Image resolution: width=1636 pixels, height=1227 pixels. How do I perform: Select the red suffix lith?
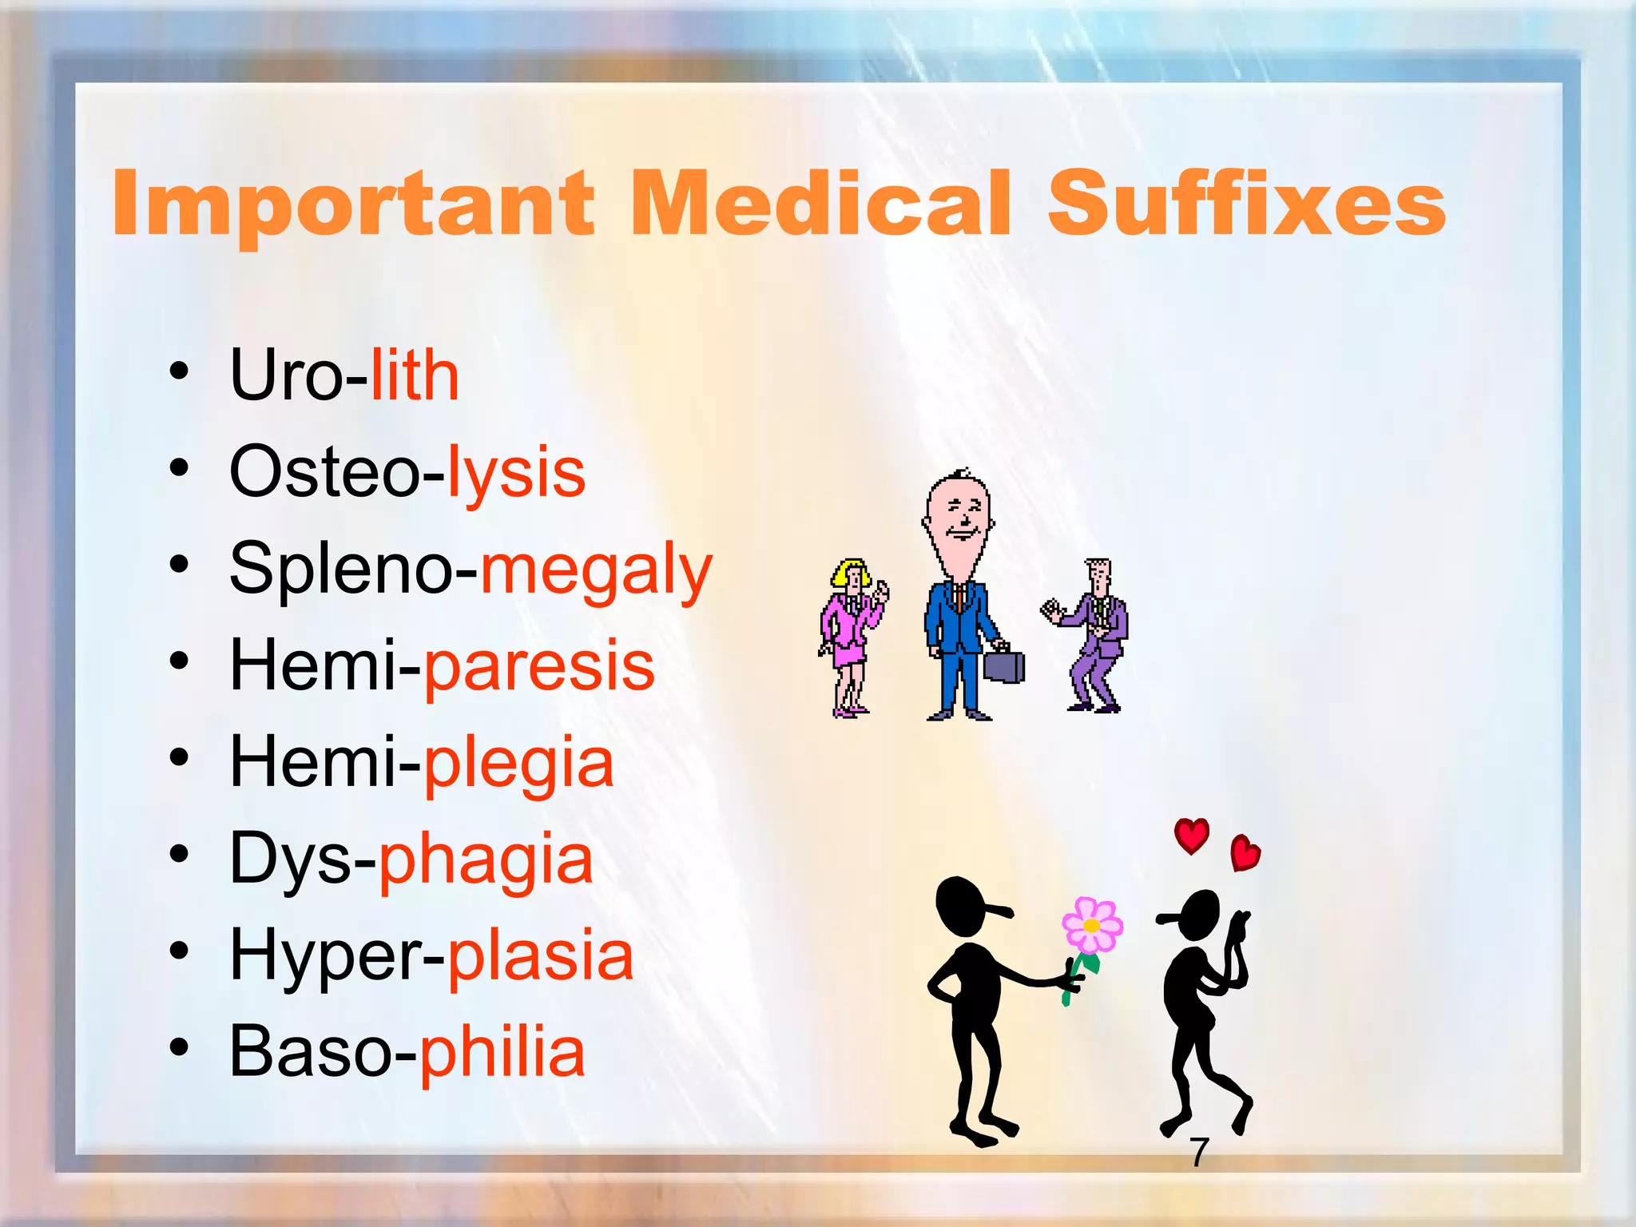click(415, 375)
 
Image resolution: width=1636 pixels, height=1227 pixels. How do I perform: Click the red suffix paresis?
click(539, 665)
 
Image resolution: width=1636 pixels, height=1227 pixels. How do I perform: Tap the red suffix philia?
click(502, 1052)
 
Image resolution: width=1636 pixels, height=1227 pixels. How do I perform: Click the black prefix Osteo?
click(324, 472)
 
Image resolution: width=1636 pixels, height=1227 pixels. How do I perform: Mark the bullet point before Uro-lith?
click(179, 371)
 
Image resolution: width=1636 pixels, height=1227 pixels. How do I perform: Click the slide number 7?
click(1198, 1152)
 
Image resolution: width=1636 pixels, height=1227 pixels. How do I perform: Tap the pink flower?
click(1092, 926)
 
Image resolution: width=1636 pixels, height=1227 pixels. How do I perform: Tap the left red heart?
click(1191, 836)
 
